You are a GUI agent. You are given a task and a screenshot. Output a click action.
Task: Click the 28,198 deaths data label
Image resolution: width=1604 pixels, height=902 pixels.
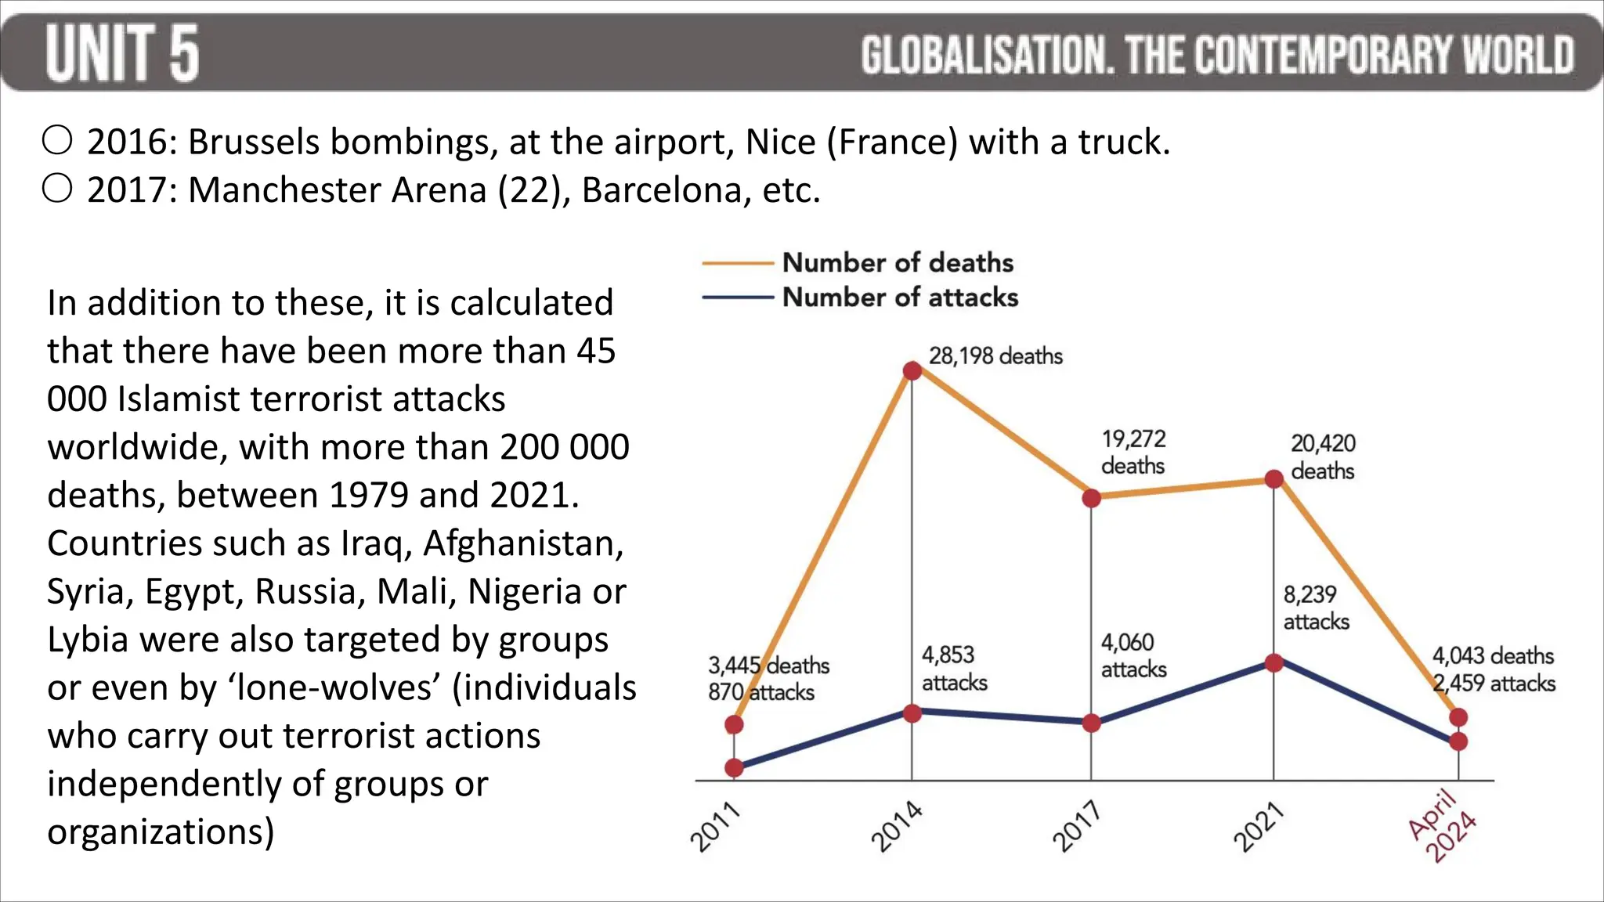pos(995,356)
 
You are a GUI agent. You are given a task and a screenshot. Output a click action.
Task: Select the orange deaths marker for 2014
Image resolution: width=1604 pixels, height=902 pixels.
pos(912,370)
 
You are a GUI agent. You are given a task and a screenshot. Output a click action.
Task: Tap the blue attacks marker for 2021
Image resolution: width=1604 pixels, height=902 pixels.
pos(1274,663)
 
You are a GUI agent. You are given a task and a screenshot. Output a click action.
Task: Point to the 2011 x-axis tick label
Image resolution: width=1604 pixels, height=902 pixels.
pos(715,827)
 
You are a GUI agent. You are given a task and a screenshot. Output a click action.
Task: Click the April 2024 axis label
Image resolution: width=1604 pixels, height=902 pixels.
pos(1442,827)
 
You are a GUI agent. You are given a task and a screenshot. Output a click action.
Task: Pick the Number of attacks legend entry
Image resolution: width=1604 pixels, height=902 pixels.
pos(900,298)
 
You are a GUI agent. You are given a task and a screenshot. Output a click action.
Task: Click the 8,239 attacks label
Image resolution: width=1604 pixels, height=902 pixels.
pos(1316,608)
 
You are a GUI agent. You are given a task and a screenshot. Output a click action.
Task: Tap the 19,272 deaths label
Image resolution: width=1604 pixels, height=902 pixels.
pos(1133,452)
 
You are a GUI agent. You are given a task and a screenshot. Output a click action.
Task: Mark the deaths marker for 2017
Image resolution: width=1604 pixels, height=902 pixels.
pos(1091,498)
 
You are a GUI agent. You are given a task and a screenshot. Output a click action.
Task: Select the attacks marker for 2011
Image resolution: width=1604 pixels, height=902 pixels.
pos(734,768)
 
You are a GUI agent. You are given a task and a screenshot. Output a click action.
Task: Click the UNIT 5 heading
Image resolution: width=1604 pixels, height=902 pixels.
pos(122,53)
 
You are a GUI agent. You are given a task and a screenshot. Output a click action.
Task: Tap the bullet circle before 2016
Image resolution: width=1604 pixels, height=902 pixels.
pos(57,141)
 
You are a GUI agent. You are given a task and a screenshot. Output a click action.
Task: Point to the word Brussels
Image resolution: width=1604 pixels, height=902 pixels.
pos(254,142)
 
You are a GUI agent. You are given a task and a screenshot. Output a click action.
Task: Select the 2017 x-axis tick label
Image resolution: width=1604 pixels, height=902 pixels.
pos(1076,827)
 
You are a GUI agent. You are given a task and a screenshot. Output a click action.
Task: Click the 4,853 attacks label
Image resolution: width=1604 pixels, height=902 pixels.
pos(954,668)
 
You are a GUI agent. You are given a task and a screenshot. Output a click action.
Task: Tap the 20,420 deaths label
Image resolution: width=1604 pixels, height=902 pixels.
pos(1323,456)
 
